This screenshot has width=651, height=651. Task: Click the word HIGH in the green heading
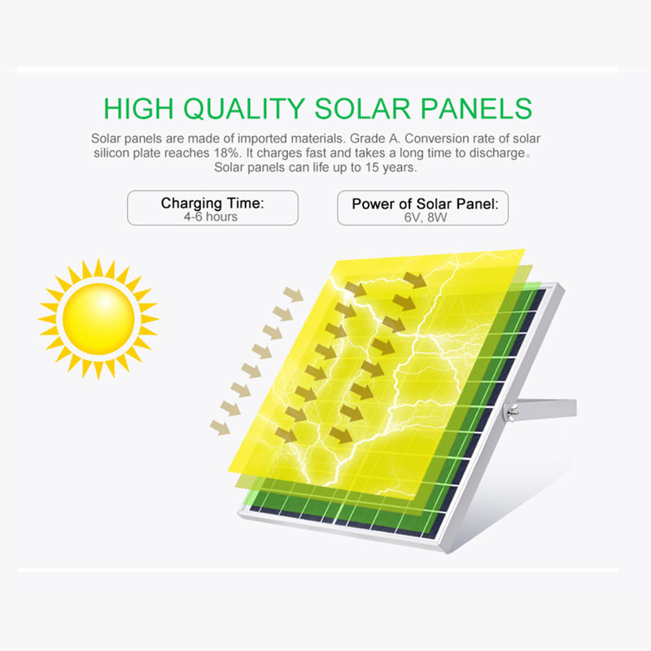[138, 109]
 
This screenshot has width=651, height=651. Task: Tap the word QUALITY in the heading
[244, 109]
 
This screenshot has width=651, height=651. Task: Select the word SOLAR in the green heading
[362, 109]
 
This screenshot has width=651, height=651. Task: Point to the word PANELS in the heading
[476, 109]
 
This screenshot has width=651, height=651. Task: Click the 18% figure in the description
[227, 153]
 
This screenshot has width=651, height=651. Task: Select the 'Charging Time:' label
[212, 203]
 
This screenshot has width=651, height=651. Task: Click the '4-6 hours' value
[211, 216]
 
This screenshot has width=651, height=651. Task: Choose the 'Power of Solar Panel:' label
[425, 204]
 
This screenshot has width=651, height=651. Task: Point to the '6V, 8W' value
[426, 217]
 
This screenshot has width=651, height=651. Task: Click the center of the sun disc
[98, 319]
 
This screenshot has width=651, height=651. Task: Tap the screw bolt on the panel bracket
[511, 413]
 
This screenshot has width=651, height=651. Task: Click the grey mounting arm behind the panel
[544, 409]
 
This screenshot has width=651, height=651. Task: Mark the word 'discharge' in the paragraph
[497, 153]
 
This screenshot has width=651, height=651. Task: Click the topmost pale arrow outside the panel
[294, 295]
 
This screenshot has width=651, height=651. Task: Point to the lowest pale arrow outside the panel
[220, 427]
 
